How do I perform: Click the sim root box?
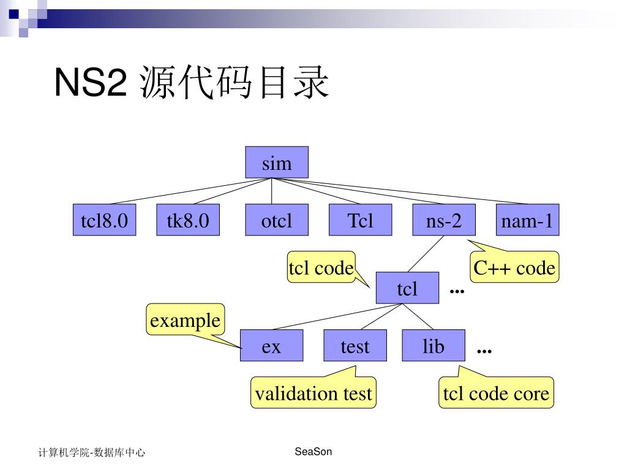(x=277, y=163)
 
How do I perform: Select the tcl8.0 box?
(x=104, y=220)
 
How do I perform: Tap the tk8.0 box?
(x=188, y=220)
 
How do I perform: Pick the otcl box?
(x=277, y=220)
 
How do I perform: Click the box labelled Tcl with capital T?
(x=360, y=220)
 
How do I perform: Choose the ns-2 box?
(x=444, y=220)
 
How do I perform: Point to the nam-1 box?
(x=527, y=220)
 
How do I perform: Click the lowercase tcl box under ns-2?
(x=407, y=288)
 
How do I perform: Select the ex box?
(x=271, y=346)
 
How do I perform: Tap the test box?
(x=355, y=346)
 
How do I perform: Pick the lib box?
(x=434, y=346)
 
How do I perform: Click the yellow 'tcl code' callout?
(x=321, y=267)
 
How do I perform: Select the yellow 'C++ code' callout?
(x=514, y=267)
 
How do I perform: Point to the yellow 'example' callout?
(x=185, y=320)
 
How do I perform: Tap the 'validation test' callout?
(x=313, y=392)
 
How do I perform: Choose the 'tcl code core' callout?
(x=496, y=392)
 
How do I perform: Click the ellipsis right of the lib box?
(x=484, y=351)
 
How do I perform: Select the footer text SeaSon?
(x=313, y=452)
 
